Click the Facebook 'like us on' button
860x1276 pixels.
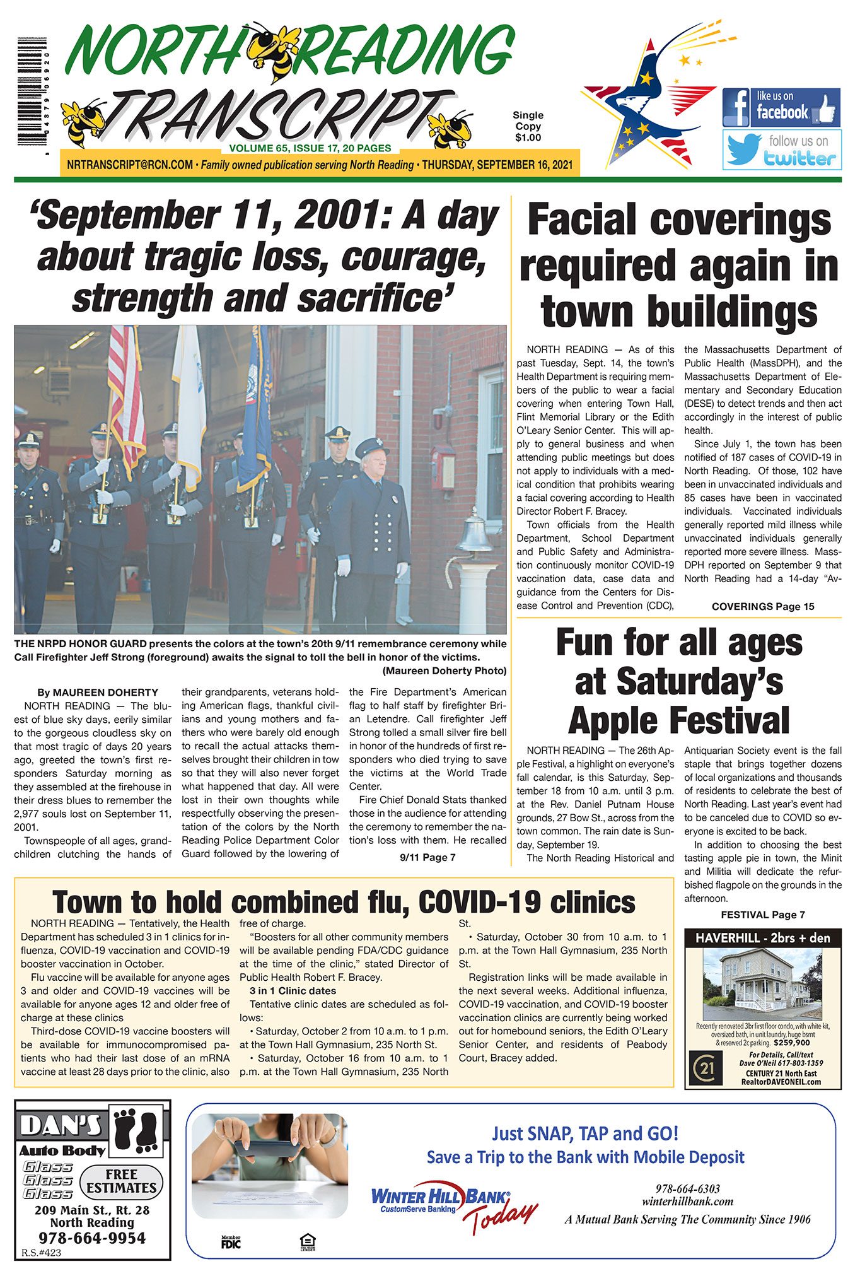781,107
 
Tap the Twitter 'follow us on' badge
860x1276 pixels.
782,150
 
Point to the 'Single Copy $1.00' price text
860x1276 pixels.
528,126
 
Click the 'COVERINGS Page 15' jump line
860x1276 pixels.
762,607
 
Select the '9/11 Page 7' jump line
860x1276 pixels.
427,858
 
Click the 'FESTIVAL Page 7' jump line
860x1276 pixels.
762,915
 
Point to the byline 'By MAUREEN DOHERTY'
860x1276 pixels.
97,693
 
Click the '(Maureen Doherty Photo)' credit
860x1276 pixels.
444,670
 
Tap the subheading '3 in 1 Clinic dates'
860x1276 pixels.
293,991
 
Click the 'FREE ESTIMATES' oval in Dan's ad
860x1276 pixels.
121,1181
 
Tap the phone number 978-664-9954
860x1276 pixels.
92,1238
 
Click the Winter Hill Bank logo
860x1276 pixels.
439,1198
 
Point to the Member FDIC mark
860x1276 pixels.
231,1243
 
